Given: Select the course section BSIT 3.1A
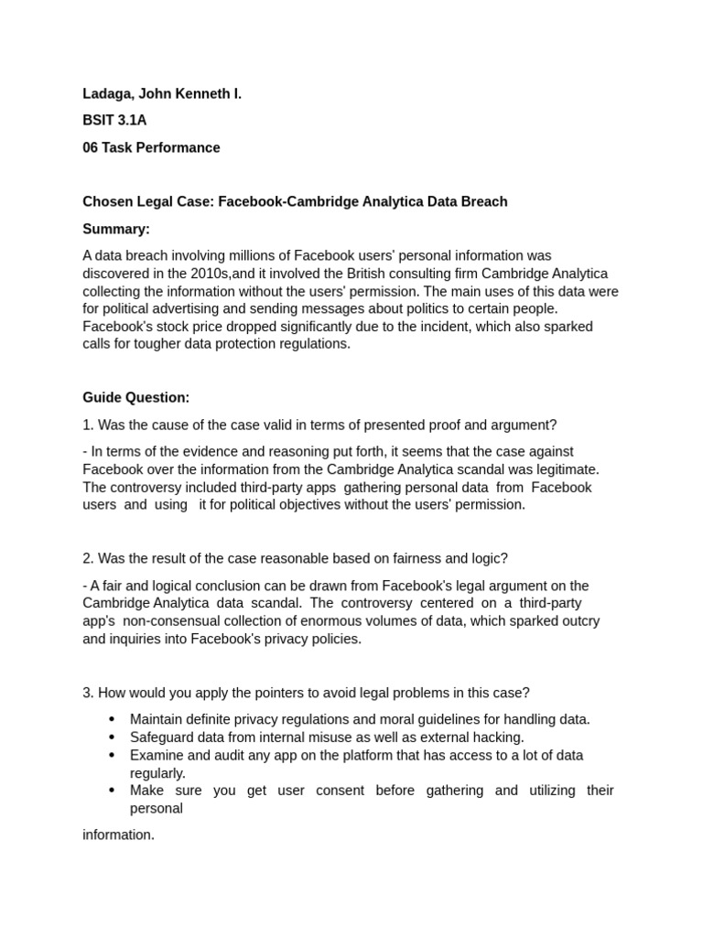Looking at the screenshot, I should coord(114,121).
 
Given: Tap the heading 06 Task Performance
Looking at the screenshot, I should coord(151,147).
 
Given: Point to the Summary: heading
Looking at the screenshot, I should coord(116,229).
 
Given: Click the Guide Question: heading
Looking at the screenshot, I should coord(136,397).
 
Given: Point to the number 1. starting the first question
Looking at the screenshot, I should coord(88,425).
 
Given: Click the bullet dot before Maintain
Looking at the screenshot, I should coord(112,719).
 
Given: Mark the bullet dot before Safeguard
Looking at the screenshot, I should coord(112,737).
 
